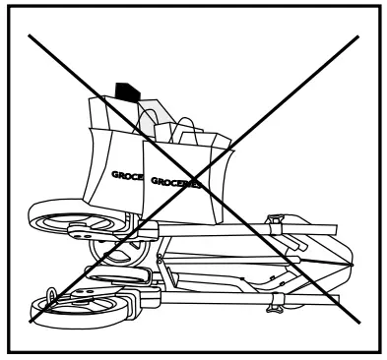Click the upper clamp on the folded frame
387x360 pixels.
(x=277, y=215)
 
